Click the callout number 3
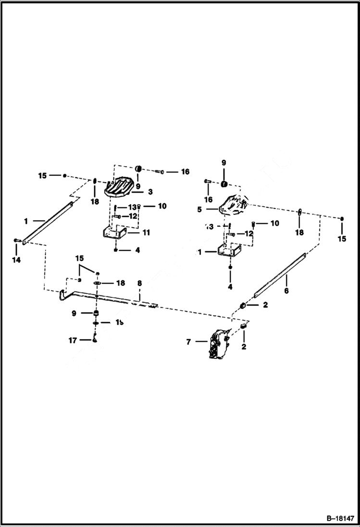(150, 192)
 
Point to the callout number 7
(188, 342)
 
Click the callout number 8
(139, 284)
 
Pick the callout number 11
(146, 233)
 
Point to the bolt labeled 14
(17, 240)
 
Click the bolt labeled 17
(96, 340)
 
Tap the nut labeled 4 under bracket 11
(116, 250)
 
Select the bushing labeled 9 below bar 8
(96, 314)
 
